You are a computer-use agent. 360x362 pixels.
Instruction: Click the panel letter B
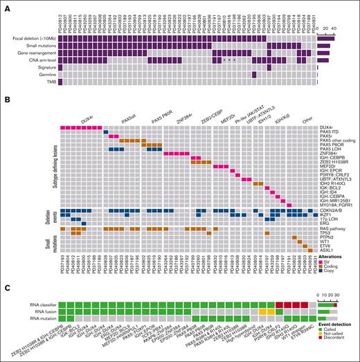6,100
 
